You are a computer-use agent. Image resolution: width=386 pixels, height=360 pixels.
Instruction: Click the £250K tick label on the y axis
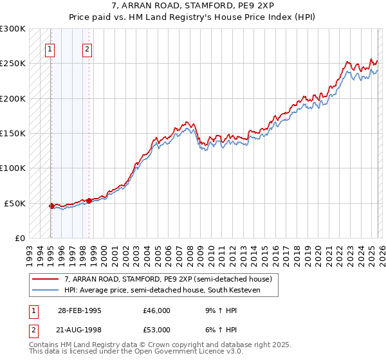tap(13, 64)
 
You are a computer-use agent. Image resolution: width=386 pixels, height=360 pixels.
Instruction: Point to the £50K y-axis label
tap(15, 203)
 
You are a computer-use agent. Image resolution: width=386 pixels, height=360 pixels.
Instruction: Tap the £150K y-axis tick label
tap(13, 133)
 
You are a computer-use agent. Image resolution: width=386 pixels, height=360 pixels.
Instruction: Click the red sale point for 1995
tap(51, 206)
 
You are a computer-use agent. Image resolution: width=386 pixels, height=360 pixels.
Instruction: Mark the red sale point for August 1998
tap(89, 201)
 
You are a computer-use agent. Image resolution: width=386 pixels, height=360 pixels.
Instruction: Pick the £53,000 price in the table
tap(157, 330)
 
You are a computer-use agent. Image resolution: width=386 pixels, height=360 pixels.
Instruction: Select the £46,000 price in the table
tap(157, 310)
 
